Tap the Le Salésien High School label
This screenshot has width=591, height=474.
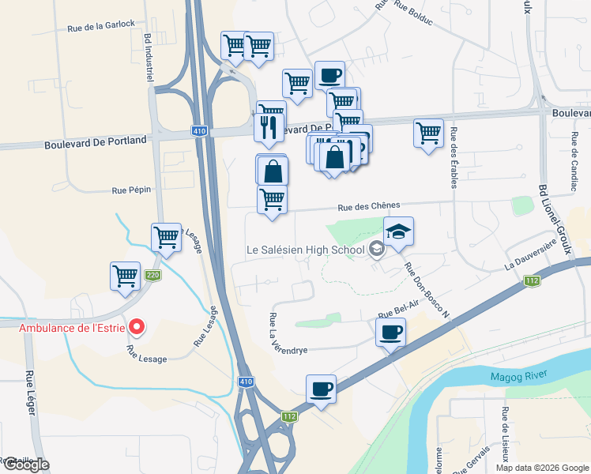coord(305,250)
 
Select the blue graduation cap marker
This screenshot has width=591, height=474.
coord(399,231)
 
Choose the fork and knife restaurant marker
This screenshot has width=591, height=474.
coord(269,126)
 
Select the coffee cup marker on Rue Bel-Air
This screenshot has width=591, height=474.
coord(390,333)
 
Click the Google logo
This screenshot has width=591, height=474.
coord(25,465)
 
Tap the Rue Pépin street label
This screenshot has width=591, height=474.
coord(130,190)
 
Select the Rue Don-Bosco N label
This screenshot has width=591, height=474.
coord(427,291)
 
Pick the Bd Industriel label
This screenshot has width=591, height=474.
coord(148,56)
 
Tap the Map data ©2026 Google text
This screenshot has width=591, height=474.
coord(541,468)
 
